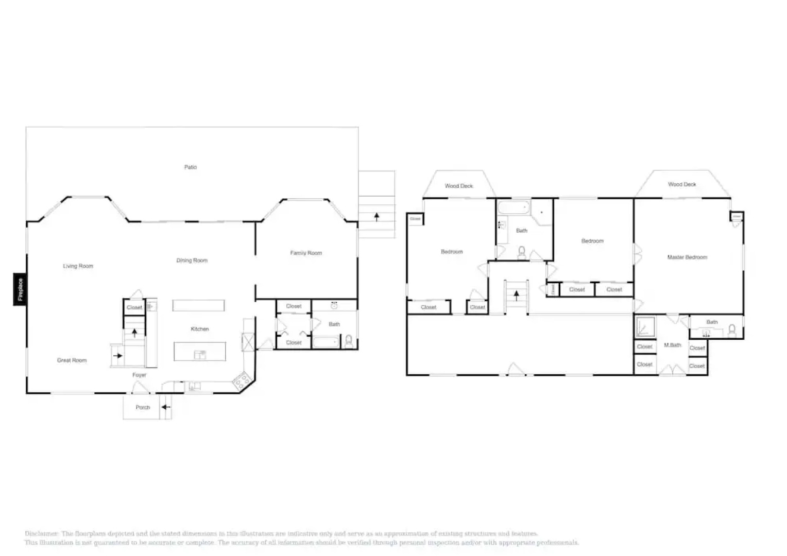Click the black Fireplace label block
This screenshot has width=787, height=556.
click(x=20, y=289)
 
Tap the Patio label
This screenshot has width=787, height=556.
click(x=191, y=167)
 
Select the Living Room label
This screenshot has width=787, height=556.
click(x=78, y=266)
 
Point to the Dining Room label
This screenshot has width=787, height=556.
click(x=192, y=260)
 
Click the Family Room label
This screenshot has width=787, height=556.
click(x=306, y=253)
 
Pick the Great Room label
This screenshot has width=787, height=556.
click(x=72, y=360)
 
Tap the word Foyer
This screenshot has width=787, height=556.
click(x=139, y=375)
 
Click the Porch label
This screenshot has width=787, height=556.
click(x=143, y=407)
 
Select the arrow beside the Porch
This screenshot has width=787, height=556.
click(x=165, y=407)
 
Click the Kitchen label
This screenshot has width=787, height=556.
click(x=200, y=329)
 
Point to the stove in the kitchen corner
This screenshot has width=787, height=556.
click(x=241, y=381)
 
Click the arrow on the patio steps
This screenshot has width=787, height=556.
click(x=377, y=217)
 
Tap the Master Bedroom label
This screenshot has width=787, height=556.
click(x=687, y=257)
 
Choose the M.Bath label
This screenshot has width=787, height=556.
click(x=673, y=345)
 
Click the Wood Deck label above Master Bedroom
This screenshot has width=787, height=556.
click(x=682, y=184)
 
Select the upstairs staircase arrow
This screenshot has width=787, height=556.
click(x=517, y=296)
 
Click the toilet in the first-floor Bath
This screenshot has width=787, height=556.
click(x=349, y=340)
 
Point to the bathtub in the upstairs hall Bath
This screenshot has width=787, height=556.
click(x=514, y=208)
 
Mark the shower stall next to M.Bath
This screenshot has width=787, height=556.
click(x=645, y=327)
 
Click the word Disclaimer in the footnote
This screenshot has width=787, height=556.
click(x=42, y=534)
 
